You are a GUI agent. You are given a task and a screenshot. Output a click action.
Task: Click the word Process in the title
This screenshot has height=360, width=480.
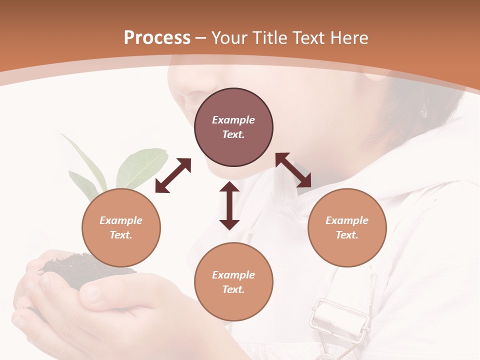157,38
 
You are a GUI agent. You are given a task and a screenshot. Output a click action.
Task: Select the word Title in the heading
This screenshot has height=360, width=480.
269,38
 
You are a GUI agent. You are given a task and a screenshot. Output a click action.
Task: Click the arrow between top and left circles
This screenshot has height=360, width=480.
173,175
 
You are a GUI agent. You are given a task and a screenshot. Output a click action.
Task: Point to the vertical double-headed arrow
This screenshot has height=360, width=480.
229,205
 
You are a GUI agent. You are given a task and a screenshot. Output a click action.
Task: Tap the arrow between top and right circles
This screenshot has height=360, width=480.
293,170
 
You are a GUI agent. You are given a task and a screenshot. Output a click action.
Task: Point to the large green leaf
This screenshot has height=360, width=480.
141,167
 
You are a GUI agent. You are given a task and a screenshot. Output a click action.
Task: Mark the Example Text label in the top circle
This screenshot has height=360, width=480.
233,127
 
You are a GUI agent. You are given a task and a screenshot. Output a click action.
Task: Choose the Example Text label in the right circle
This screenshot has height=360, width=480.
347,227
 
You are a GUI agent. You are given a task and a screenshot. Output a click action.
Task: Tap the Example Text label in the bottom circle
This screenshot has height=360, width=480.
233,282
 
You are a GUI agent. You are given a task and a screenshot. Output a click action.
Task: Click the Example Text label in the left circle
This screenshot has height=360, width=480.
121,227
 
